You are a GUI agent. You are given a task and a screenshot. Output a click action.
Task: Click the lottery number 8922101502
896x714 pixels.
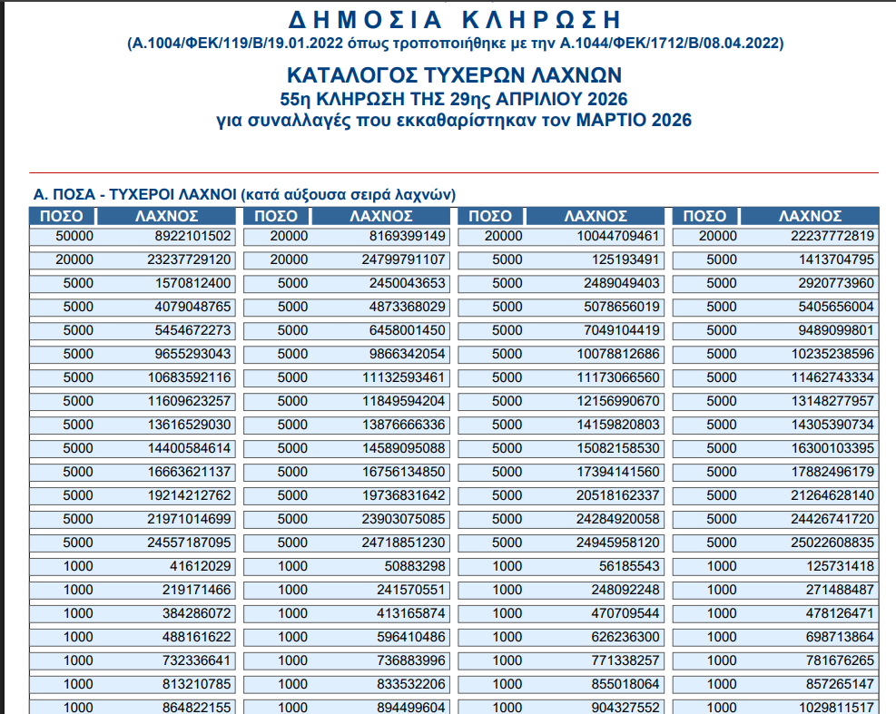[x=194, y=236]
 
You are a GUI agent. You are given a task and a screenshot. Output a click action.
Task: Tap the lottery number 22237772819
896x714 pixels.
[x=831, y=236]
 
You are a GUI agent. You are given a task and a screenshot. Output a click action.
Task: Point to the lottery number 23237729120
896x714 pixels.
[x=190, y=259]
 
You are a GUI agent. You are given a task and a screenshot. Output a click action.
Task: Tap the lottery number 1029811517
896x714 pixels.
[x=834, y=708]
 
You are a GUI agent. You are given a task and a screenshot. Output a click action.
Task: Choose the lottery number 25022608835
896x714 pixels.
[x=831, y=543]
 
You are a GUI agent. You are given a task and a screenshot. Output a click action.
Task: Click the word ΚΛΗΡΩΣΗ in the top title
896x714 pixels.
[x=545, y=18]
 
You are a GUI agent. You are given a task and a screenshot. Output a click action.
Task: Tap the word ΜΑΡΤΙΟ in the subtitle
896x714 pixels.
[x=610, y=120]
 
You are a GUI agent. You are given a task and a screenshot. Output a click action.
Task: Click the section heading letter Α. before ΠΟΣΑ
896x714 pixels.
[x=40, y=194]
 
